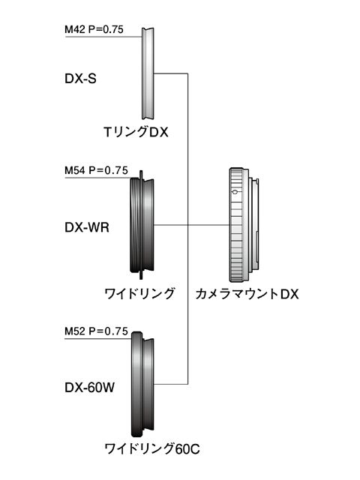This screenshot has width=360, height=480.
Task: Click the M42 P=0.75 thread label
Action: tap(94, 29)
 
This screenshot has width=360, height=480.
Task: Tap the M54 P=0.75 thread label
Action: tap(96, 170)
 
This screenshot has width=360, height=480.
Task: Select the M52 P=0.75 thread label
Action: tap(96, 331)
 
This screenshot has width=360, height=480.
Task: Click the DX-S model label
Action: tap(80, 79)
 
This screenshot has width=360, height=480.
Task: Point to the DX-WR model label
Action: tap(87, 227)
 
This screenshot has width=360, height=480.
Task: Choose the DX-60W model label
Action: tap(90, 388)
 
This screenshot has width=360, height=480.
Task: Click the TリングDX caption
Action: tap(136, 132)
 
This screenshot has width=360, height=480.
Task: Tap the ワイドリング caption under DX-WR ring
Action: tap(139, 294)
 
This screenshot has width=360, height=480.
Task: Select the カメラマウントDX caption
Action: tap(247, 294)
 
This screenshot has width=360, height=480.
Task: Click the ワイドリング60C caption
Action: tap(152, 449)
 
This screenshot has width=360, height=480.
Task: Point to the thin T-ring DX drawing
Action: tap(148, 73)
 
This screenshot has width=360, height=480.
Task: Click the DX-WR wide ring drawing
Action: tap(142, 225)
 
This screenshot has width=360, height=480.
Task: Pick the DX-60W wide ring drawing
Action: tap(142, 384)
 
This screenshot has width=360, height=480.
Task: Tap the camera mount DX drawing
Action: tap(244, 225)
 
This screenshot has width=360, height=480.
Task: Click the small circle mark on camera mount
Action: tap(235, 192)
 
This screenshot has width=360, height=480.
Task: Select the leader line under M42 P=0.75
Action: tap(103, 37)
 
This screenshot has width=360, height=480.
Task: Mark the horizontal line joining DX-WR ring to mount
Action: tap(192, 225)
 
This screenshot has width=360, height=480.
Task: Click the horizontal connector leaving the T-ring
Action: tap(170, 73)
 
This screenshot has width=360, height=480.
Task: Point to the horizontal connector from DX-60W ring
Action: tap(171, 384)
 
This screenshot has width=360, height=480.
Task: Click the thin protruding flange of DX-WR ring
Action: tap(141, 225)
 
